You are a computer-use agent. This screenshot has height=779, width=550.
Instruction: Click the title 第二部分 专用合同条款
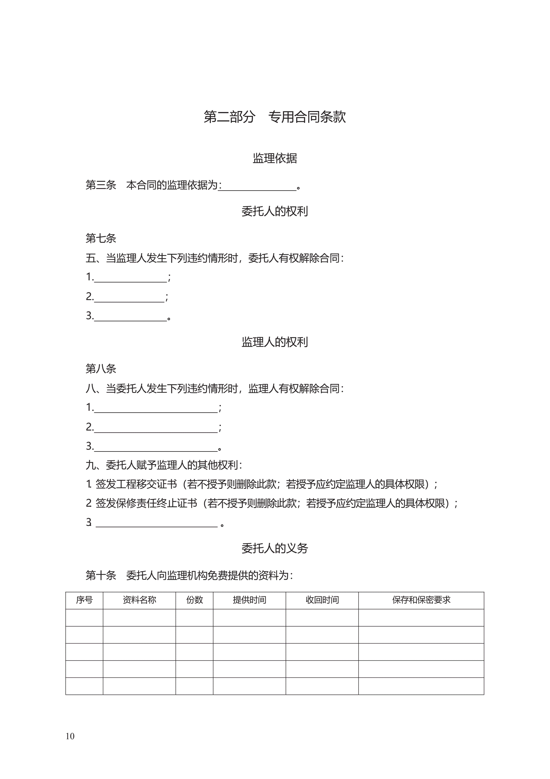point(274,117)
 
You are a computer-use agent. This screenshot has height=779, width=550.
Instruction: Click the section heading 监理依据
point(275,158)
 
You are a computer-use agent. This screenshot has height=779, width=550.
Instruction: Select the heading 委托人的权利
point(275,211)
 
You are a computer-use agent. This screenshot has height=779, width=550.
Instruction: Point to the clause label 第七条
point(101,238)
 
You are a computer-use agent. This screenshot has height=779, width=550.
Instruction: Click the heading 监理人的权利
point(275,342)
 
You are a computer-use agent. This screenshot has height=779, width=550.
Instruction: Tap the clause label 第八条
point(101,369)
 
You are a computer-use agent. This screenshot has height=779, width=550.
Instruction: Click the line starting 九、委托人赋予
point(164,465)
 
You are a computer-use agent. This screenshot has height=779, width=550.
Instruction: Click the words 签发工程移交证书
point(136,484)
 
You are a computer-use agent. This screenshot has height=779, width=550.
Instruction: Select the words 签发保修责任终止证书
point(146,503)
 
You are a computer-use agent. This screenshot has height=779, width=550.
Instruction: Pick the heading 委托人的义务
point(275,548)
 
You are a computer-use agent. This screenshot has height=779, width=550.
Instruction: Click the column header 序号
point(84,600)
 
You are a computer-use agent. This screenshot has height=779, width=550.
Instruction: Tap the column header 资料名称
point(139,600)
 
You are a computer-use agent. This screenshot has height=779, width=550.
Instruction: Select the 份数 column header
point(194,600)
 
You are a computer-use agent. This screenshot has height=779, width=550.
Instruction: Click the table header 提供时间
point(249,600)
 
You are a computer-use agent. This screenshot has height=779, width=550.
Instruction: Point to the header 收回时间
point(322,600)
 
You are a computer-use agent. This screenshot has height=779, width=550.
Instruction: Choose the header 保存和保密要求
point(421,600)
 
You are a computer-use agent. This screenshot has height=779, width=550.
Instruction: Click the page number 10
point(70,736)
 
